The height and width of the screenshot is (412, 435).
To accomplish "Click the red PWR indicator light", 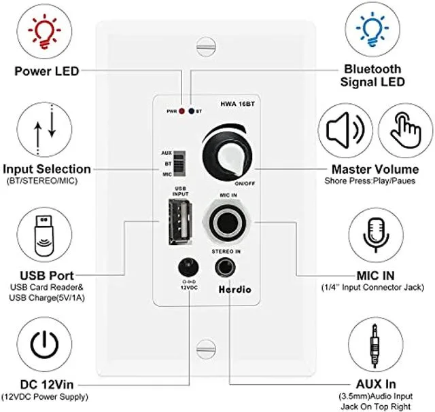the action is pyautogui.click(x=181, y=111).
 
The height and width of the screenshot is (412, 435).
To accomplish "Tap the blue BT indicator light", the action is pyautogui.click(x=192, y=111).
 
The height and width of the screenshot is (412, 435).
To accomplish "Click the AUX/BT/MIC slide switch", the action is pyautogui.click(x=179, y=164).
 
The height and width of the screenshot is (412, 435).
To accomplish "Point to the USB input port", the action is pyautogui.click(x=180, y=222).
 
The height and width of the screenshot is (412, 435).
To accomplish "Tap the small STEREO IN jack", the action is pyautogui.click(x=225, y=267).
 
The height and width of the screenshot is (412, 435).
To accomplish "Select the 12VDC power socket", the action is pyautogui.click(x=188, y=267).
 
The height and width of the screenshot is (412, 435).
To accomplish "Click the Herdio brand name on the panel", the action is pyautogui.click(x=234, y=290).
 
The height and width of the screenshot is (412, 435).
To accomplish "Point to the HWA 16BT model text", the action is pyautogui.click(x=237, y=104).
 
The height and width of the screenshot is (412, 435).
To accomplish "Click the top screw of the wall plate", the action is pyautogui.click(x=206, y=46).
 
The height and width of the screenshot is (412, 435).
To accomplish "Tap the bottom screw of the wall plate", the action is pyautogui.click(x=206, y=349).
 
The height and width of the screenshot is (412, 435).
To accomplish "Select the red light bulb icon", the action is pyautogui.click(x=44, y=32).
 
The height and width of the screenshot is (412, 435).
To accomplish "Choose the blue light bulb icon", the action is pyautogui.click(x=372, y=30).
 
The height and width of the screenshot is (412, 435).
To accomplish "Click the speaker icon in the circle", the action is pyautogui.click(x=345, y=130).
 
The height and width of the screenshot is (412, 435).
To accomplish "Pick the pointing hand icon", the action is pyautogui.click(x=406, y=129).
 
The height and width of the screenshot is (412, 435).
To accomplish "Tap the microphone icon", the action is pyautogui.click(x=376, y=234).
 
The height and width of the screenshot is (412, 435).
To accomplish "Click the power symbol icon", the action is pyautogui.click(x=44, y=344).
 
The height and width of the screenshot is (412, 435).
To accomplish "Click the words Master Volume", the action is pyautogui.click(x=375, y=169).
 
